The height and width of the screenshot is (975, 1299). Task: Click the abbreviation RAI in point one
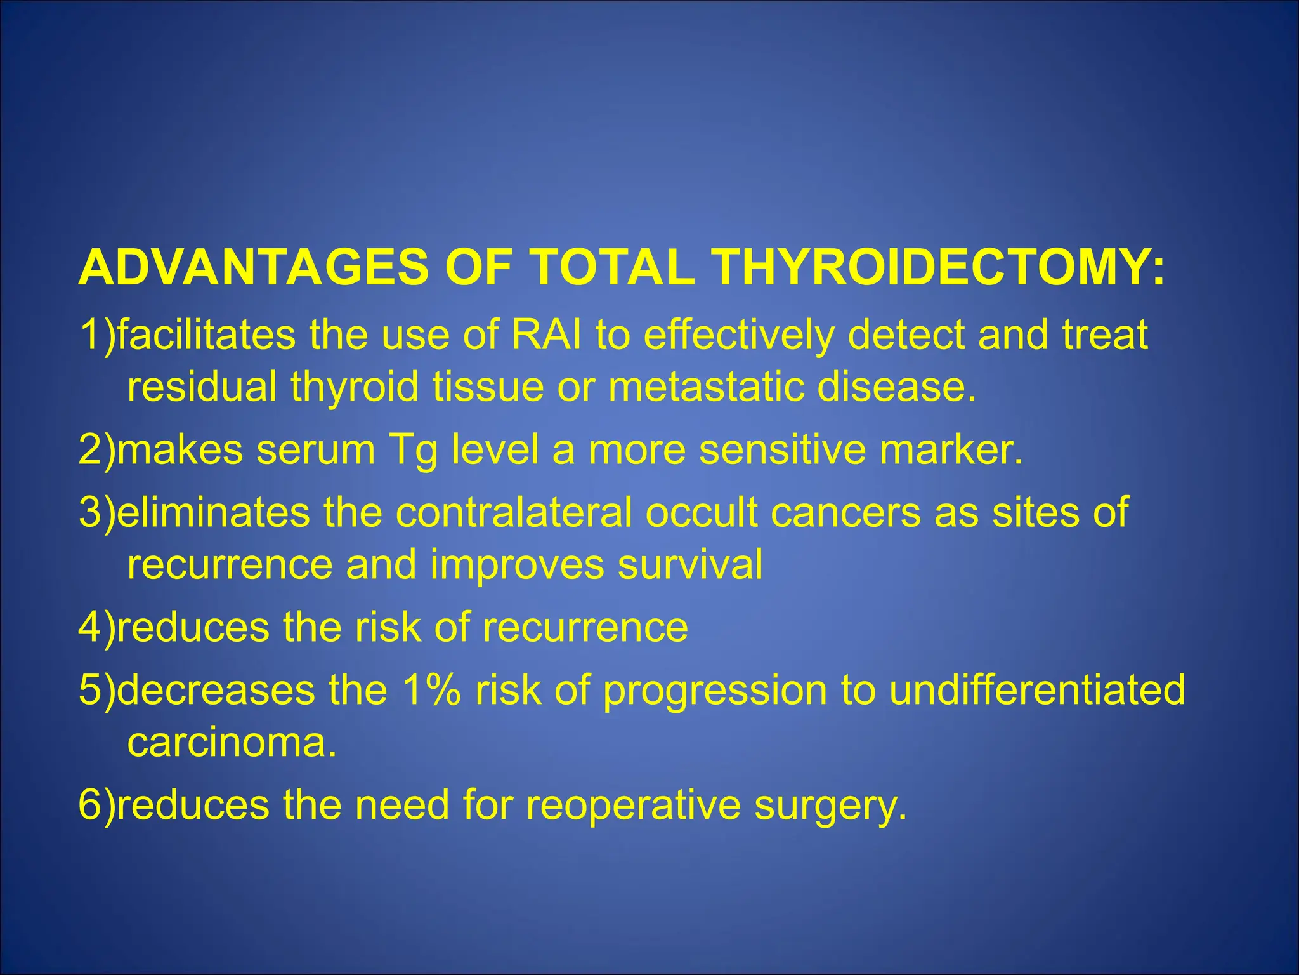pos(546,335)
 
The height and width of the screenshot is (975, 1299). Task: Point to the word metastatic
pos(705,387)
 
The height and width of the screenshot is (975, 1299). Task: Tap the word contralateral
pos(514,512)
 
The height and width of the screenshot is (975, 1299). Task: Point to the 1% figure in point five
pos(431,690)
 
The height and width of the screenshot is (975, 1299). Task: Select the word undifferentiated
pos(1036,690)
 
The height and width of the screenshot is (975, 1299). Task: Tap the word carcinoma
pos(231,742)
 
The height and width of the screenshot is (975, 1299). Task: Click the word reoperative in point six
pos(633,806)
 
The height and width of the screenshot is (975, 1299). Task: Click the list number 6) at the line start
pos(97,806)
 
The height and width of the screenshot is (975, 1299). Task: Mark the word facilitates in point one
pos(206,335)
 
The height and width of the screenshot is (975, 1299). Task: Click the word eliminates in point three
pos(213,512)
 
